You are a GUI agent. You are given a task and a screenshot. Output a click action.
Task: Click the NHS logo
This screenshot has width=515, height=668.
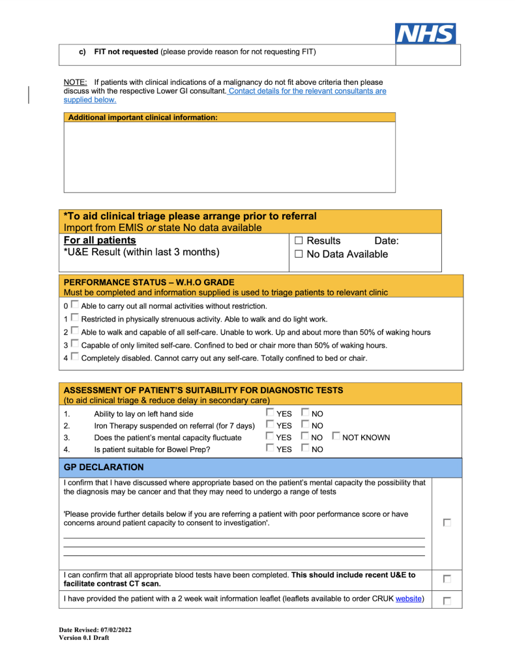426,33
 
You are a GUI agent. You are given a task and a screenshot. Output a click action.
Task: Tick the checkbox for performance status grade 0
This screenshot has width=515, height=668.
75,305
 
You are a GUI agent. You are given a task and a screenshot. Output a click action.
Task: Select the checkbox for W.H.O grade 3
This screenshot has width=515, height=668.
75,344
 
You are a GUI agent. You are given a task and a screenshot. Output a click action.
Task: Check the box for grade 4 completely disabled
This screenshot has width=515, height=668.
75,357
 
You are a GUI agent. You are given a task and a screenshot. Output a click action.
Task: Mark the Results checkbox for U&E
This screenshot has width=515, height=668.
299,241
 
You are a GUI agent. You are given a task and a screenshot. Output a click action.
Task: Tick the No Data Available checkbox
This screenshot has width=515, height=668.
299,254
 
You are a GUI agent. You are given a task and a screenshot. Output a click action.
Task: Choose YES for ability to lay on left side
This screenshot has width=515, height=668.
270,413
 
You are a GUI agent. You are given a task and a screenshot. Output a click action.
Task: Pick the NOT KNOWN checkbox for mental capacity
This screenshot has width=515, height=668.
336,437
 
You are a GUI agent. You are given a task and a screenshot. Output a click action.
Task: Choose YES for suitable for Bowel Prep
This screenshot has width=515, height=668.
270,449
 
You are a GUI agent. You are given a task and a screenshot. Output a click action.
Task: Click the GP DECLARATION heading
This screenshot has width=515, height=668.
104,468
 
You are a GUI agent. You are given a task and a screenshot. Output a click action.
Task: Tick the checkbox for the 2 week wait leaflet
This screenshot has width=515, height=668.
447,600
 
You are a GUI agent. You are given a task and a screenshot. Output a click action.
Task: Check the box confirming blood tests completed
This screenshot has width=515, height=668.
447,579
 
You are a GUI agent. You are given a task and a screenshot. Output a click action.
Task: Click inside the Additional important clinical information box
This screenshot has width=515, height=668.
229,157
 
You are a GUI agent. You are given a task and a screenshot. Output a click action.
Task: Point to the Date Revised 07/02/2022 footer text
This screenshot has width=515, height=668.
95,630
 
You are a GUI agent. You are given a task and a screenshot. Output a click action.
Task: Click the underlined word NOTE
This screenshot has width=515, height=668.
75,82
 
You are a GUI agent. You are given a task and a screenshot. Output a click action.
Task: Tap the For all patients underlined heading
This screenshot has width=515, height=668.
100,241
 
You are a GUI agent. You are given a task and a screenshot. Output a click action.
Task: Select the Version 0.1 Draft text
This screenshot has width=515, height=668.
83,638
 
